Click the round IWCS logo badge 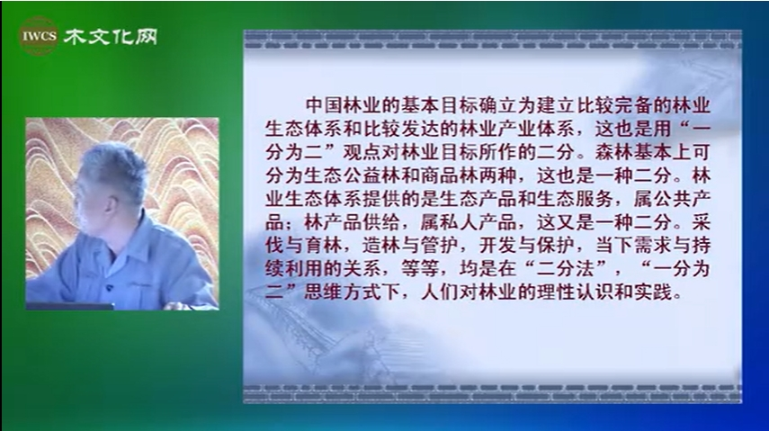pos(39,35)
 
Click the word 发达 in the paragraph pos(419,129)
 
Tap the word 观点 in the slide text pos(362,153)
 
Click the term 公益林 pos(371,176)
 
